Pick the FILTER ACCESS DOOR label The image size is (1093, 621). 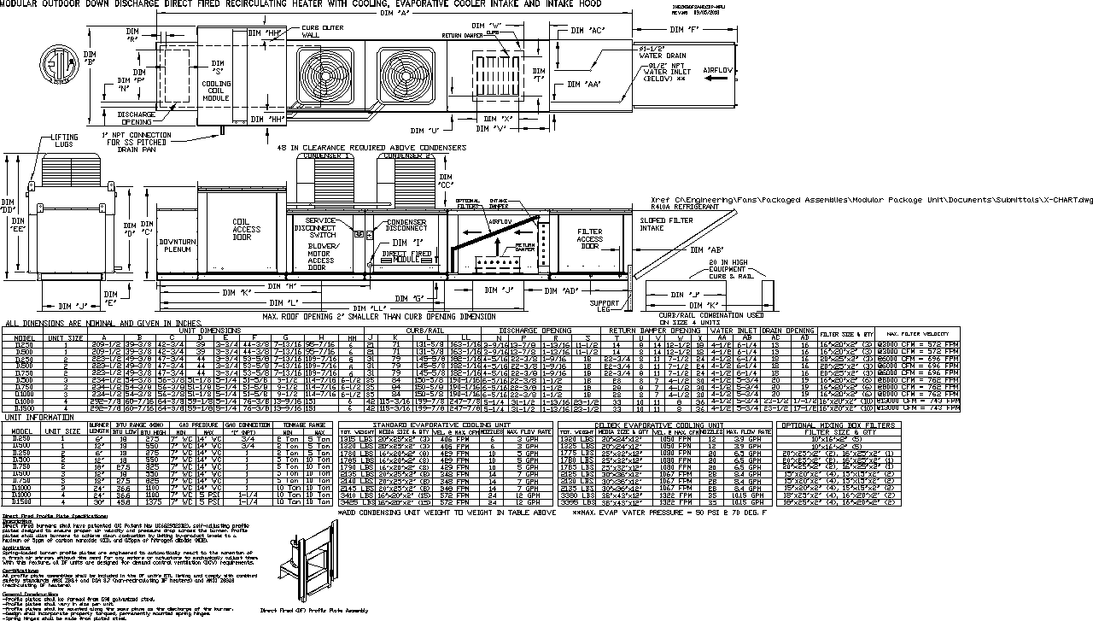(591, 239)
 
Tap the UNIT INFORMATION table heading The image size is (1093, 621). (41, 417)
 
